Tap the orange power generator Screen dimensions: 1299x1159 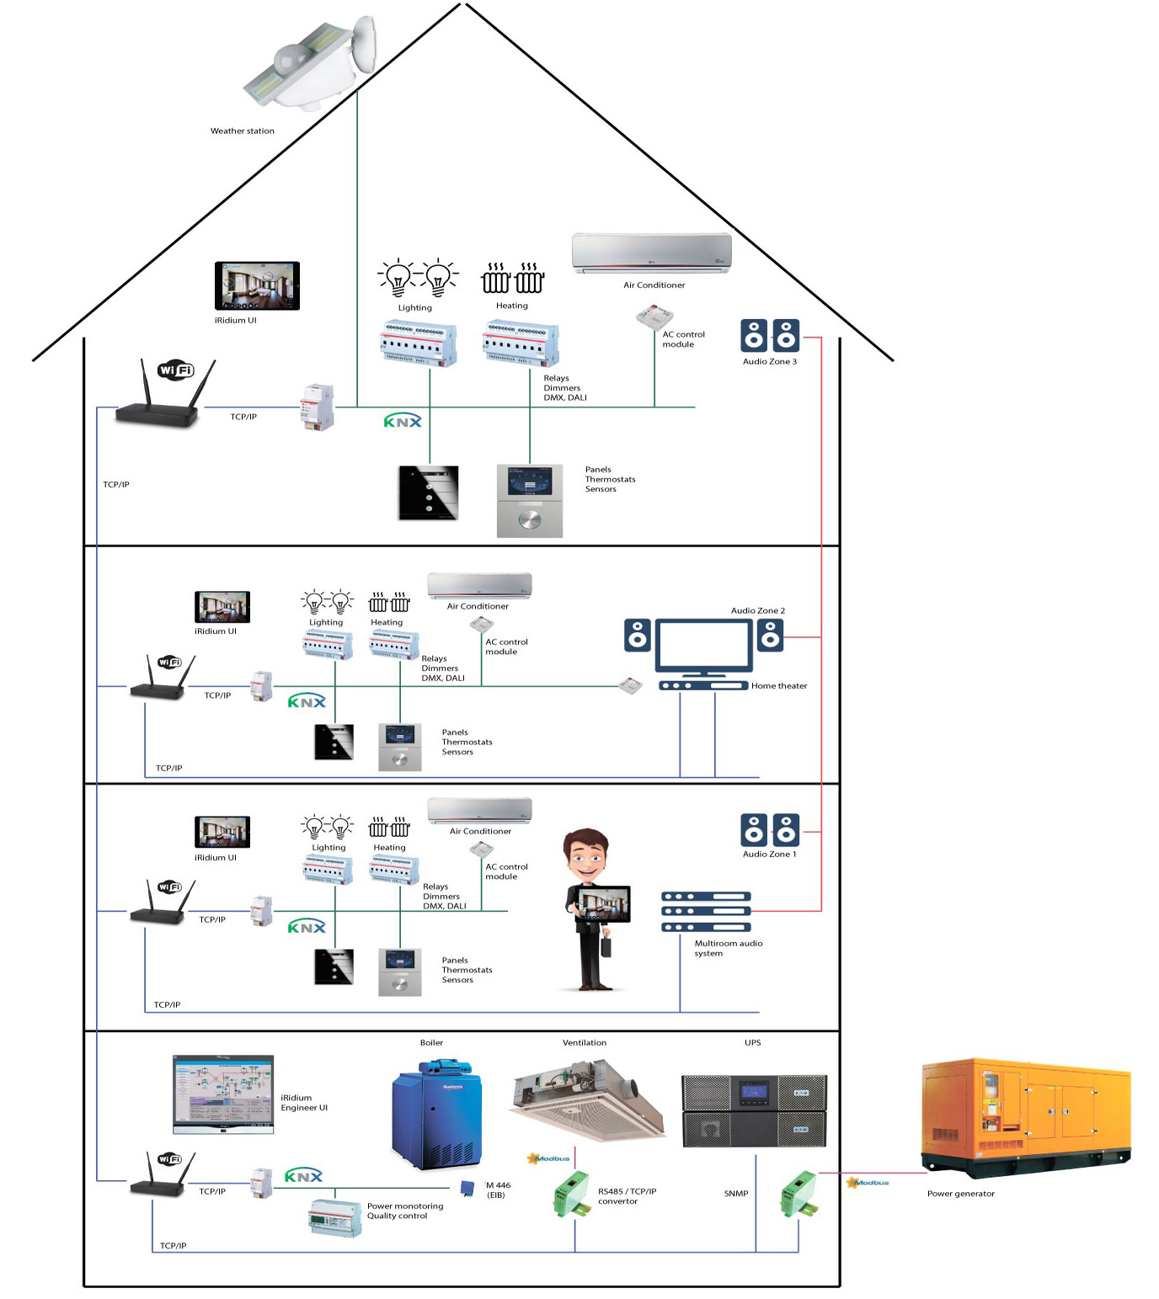(1026, 1115)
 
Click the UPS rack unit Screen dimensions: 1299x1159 (754, 1110)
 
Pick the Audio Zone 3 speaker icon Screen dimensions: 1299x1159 (769, 335)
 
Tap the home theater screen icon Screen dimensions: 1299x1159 (703, 647)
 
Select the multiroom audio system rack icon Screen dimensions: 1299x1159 (705, 912)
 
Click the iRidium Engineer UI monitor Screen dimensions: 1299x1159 (223, 1093)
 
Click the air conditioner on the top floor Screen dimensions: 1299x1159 (651, 253)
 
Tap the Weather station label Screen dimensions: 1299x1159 (243, 131)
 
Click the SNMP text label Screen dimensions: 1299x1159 (735, 1194)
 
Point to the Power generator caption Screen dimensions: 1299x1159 (960, 1194)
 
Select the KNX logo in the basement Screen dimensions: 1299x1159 (303, 1176)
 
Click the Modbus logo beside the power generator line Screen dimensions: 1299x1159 (868, 1183)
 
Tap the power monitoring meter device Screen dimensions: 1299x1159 (335, 1217)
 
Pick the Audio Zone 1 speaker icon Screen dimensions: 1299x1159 (769, 830)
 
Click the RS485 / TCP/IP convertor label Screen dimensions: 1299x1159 (627, 1196)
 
